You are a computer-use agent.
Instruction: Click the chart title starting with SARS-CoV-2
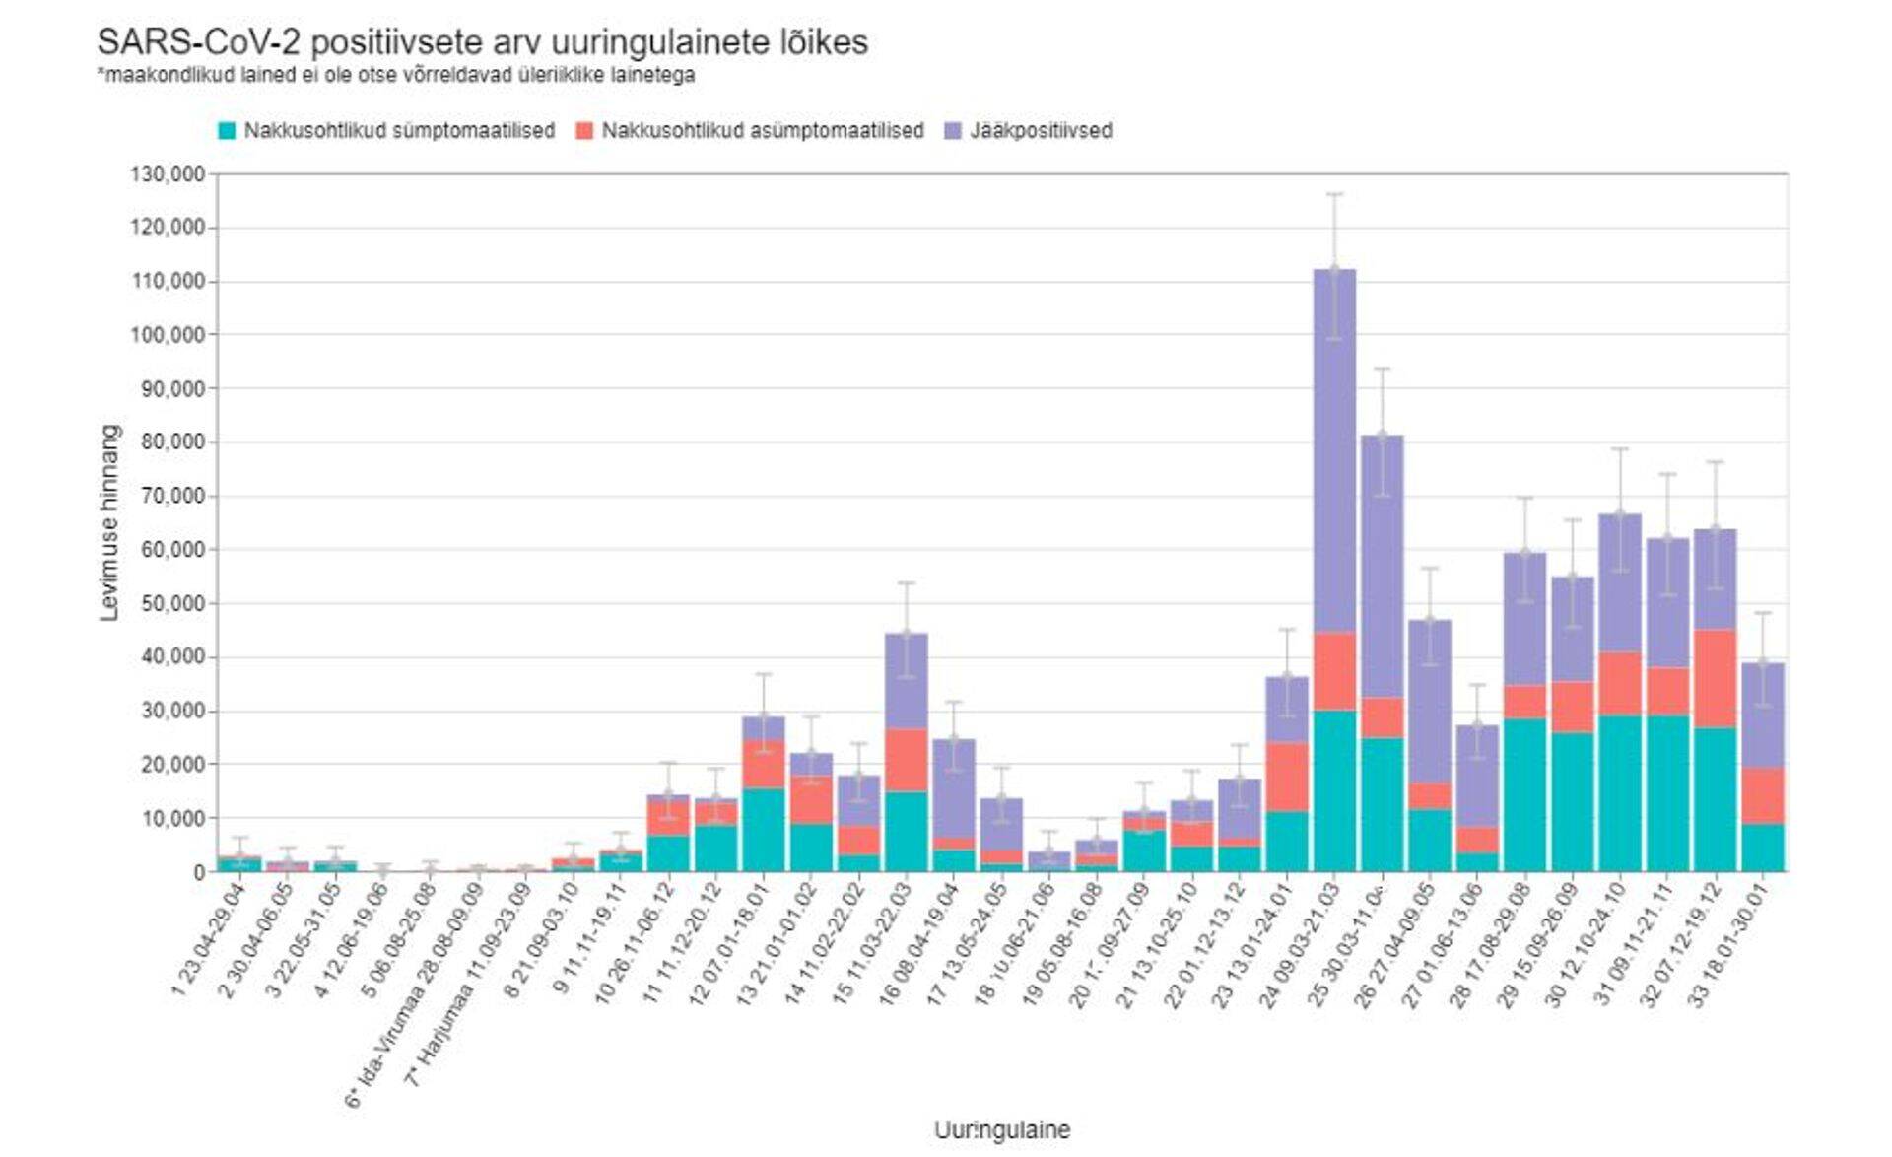pos(482,42)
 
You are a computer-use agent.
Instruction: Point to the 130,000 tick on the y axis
pos(168,174)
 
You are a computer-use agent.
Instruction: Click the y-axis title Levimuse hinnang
pos(109,522)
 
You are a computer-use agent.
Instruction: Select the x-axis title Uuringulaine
pos(1001,1129)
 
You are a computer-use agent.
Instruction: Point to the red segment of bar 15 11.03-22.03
pos(907,760)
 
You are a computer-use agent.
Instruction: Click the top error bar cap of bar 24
pos(1334,194)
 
